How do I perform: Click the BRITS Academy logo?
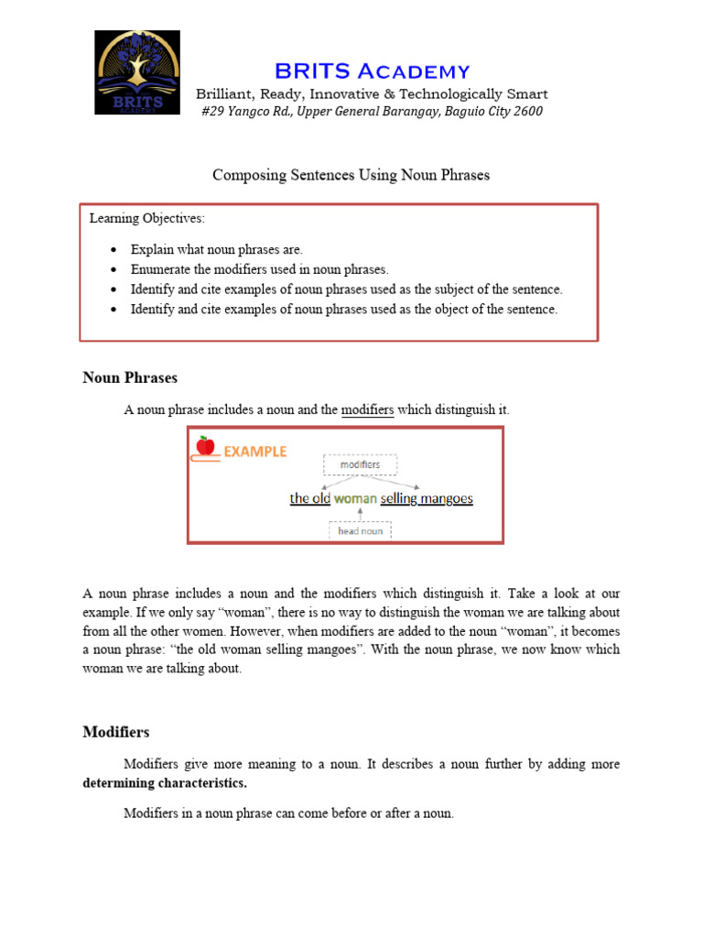pyautogui.click(x=137, y=72)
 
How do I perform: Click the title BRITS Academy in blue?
pyautogui.click(x=372, y=71)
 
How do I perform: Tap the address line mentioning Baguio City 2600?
pyautogui.click(x=372, y=111)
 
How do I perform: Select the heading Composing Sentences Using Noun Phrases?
pyautogui.click(x=351, y=174)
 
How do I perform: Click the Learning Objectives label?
pyautogui.click(x=147, y=218)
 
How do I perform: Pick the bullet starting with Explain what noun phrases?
pyautogui.click(x=216, y=249)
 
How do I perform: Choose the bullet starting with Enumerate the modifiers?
pyautogui.click(x=259, y=269)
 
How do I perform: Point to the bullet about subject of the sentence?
pyautogui.click(x=346, y=289)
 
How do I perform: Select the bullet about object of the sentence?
pyautogui.click(x=343, y=310)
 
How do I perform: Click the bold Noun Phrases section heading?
pyautogui.click(x=130, y=377)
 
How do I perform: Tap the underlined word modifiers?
pyautogui.click(x=367, y=409)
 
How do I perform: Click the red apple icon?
pyautogui.click(x=205, y=446)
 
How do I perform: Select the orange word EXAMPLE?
pyautogui.click(x=255, y=452)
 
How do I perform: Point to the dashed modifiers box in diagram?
pyautogui.click(x=360, y=464)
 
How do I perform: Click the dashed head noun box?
pyautogui.click(x=360, y=530)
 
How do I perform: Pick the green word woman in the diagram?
pyautogui.click(x=355, y=498)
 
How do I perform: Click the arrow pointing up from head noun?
pyautogui.click(x=359, y=514)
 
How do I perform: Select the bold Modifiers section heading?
pyautogui.click(x=116, y=732)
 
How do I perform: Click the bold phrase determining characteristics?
pyautogui.click(x=165, y=783)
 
